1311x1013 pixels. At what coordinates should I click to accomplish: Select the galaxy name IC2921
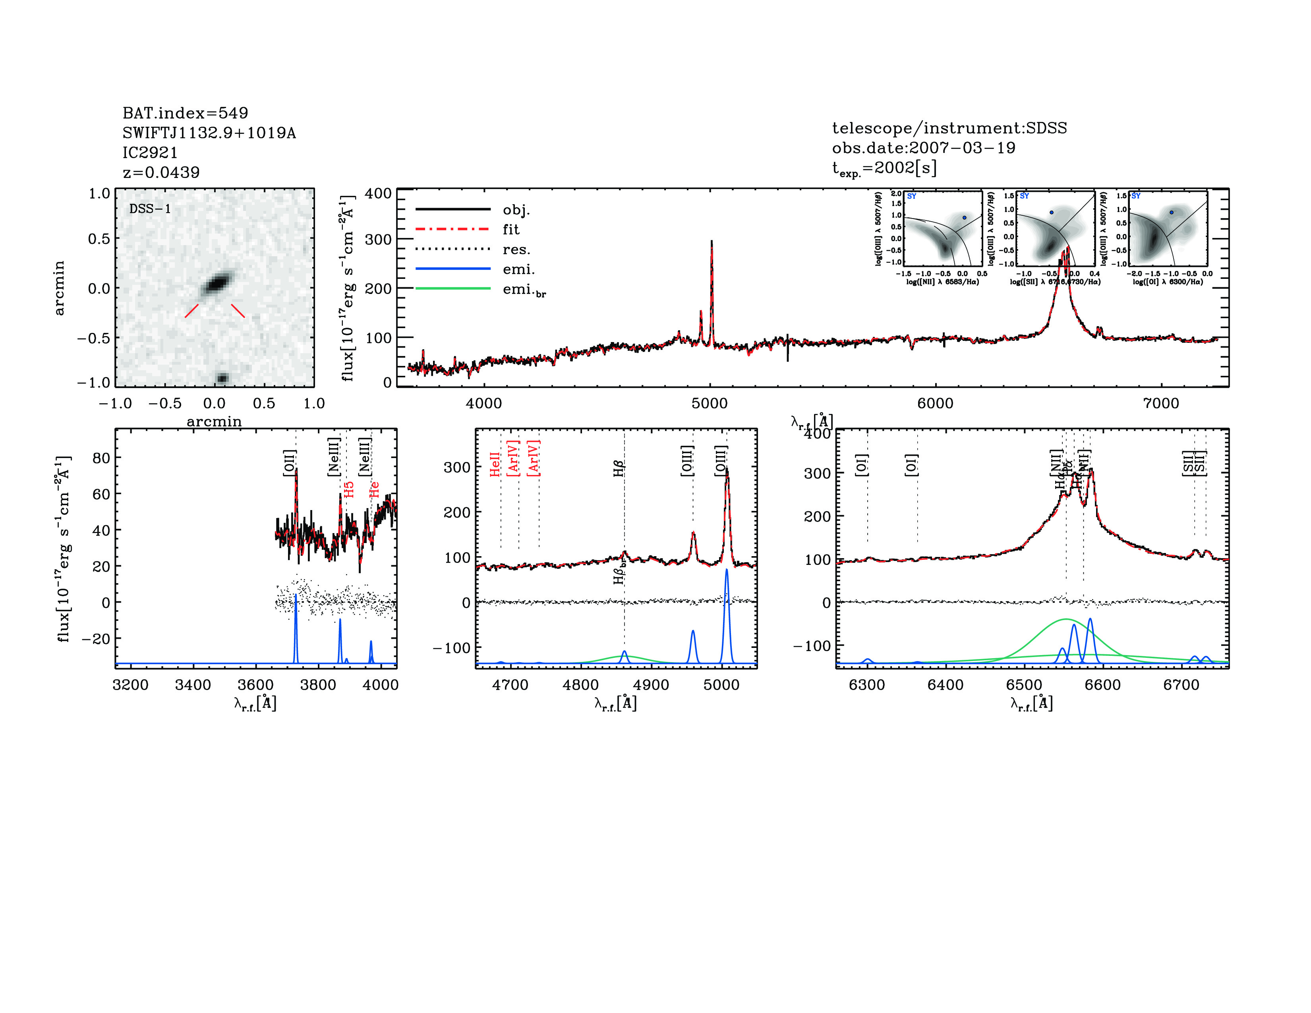point(150,153)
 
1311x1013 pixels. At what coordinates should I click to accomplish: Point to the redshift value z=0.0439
point(161,172)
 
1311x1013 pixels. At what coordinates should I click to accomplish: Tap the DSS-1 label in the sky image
point(150,209)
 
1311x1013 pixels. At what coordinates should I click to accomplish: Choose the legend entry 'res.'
point(516,249)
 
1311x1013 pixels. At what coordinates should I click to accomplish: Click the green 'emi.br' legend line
point(453,289)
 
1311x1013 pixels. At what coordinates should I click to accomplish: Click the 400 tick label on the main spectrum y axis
point(378,193)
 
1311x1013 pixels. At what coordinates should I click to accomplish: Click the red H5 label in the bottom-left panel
point(349,489)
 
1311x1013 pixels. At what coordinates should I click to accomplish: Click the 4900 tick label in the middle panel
point(651,685)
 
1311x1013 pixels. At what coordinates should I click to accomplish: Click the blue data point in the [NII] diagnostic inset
point(965,218)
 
